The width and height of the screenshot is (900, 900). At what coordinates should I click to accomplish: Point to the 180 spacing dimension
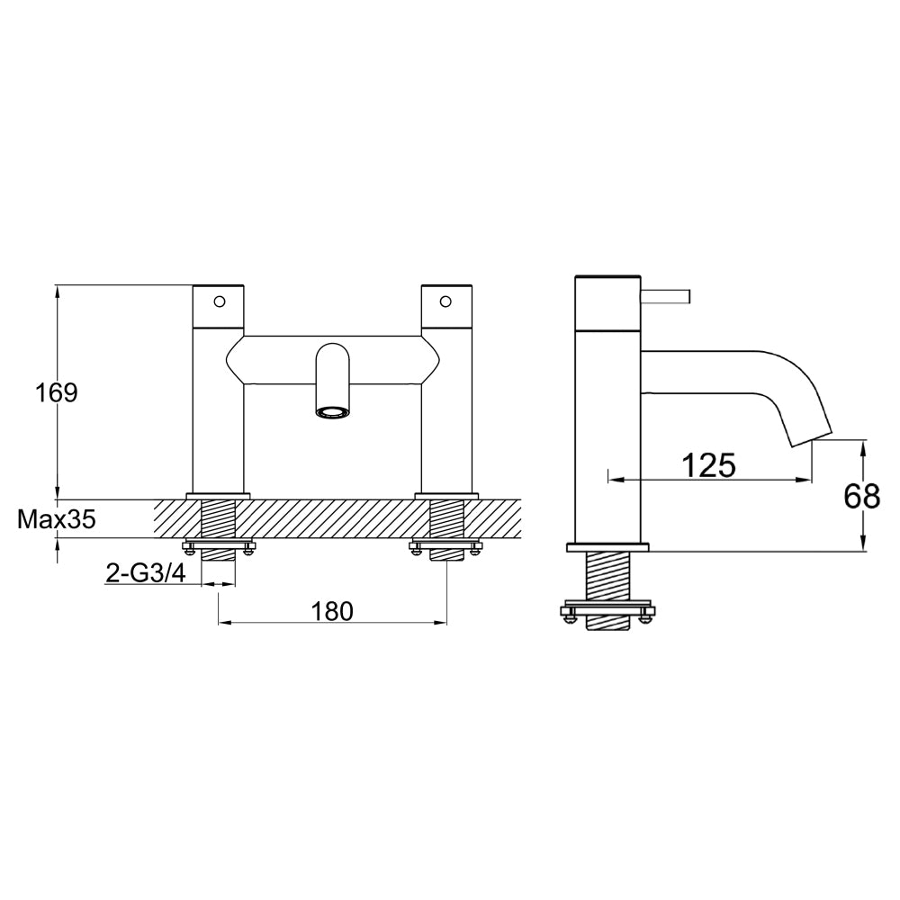(x=332, y=611)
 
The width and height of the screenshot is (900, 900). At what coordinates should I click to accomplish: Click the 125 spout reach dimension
(x=708, y=465)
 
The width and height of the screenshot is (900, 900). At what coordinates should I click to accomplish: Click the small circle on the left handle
(x=219, y=301)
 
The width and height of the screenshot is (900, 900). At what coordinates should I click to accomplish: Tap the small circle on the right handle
(x=445, y=301)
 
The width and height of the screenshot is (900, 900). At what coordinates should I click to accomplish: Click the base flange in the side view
(x=607, y=546)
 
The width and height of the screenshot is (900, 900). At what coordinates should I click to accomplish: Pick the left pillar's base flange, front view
(x=218, y=495)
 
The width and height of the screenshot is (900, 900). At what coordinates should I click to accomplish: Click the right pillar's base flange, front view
(x=446, y=495)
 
